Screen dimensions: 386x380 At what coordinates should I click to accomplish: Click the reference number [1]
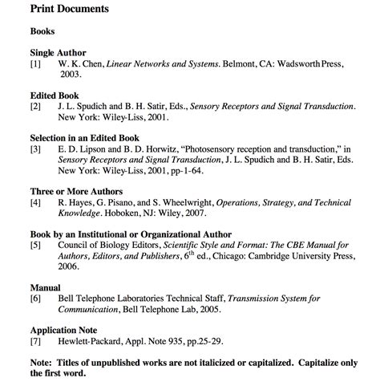point(35,62)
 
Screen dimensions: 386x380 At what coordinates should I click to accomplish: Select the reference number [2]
point(35,106)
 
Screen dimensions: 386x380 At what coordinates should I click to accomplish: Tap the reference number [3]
point(35,149)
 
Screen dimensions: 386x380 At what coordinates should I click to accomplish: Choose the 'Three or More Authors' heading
point(75,193)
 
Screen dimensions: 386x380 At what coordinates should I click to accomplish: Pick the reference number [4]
point(35,204)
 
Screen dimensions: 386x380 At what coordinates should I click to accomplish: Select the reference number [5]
point(35,246)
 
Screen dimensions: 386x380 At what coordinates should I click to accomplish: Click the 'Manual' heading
point(46,286)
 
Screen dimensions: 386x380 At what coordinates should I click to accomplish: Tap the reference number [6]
point(35,298)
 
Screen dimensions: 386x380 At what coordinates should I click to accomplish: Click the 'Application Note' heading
point(63,330)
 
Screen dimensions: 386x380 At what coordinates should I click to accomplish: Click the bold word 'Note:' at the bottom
point(43,363)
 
